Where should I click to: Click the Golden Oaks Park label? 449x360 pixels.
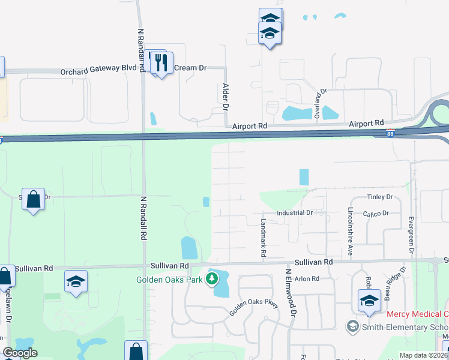(170, 279)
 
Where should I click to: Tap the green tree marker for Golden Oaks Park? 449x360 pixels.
(212, 278)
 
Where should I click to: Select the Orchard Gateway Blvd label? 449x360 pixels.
(98, 68)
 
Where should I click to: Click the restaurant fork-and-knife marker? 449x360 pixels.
(161, 62)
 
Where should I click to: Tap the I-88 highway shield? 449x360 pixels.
(390, 132)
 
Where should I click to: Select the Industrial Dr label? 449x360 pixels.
(295, 213)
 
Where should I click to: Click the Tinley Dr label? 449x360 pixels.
(379, 197)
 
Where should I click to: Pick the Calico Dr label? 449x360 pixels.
(376, 213)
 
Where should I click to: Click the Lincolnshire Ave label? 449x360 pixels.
(349, 231)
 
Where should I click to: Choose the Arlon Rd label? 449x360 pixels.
(307, 278)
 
